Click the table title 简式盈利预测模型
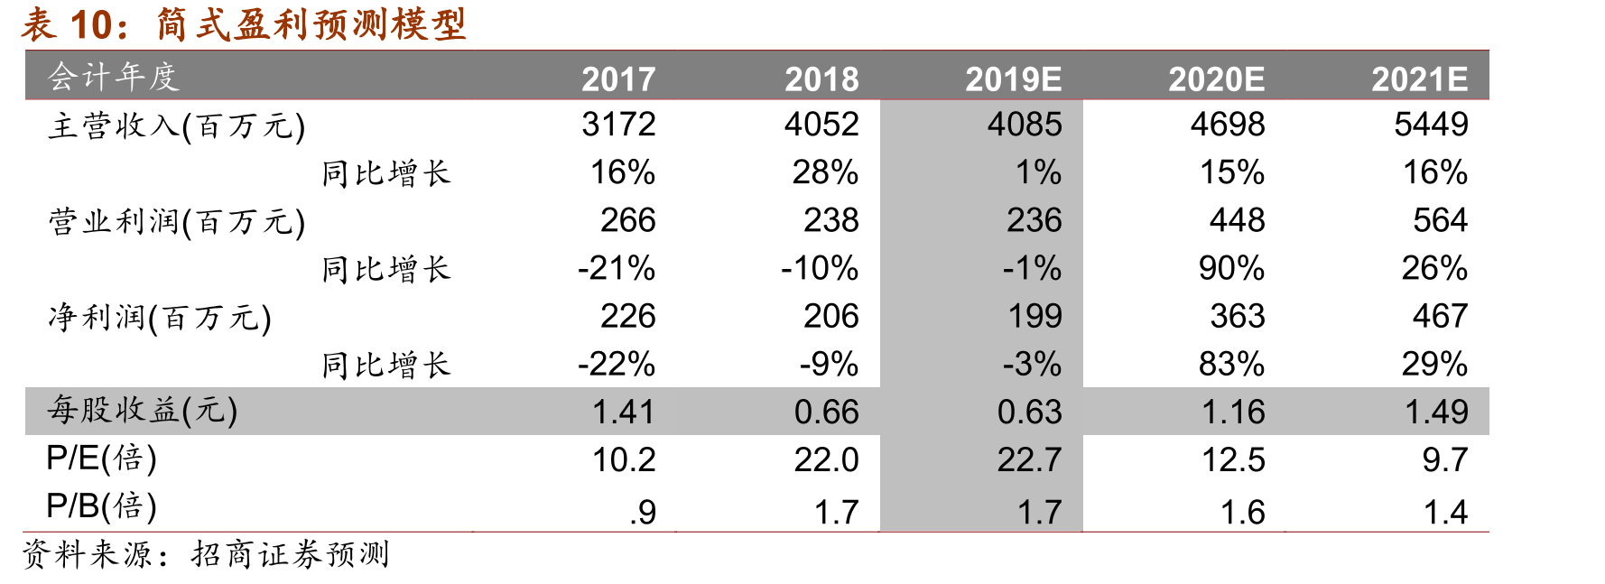(x=311, y=23)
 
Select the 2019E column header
(x=1013, y=79)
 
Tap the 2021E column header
(x=1419, y=79)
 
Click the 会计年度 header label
(x=113, y=77)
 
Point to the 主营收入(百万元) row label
(x=176, y=125)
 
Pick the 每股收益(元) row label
(x=143, y=411)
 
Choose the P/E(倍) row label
(x=101, y=459)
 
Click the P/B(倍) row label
(x=101, y=506)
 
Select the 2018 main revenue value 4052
(x=821, y=125)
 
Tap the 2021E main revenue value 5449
(x=1431, y=125)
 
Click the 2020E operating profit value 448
(x=1237, y=220)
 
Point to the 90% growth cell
(x=1231, y=268)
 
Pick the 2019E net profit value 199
(x=1034, y=316)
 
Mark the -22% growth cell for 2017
(x=617, y=364)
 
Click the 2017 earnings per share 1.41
(x=623, y=412)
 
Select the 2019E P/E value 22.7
(x=1029, y=459)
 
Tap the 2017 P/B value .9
(x=643, y=512)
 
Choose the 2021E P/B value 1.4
(x=1445, y=512)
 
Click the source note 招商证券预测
(x=290, y=554)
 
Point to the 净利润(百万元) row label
(x=160, y=317)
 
